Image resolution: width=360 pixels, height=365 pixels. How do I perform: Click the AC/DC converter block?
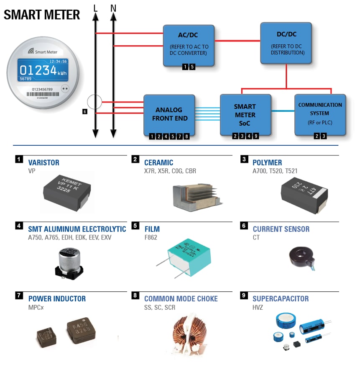coord(189,45)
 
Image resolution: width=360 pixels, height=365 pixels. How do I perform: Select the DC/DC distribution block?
coord(286,43)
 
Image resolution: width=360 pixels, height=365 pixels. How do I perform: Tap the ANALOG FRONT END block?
coord(169,114)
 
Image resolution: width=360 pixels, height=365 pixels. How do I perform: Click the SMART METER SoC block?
coord(245,114)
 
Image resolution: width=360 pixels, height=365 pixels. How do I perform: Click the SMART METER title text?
coord(42,15)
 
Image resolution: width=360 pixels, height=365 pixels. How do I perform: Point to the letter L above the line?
coord(95,8)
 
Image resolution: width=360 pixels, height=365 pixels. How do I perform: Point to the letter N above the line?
coord(113,8)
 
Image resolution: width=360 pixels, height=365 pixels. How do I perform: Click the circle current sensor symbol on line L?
coord(94,102)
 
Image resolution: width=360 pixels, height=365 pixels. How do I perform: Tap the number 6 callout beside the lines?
coord(85,112)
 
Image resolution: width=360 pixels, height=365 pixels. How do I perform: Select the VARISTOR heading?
coord(43,162)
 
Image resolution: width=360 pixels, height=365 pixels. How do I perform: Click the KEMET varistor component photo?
coord(67,190)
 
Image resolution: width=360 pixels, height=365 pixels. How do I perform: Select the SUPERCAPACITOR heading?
coord(281,299)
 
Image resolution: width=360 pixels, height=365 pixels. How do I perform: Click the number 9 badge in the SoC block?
coord(256,136)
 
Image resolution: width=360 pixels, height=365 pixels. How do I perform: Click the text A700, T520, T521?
coord(275,171)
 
